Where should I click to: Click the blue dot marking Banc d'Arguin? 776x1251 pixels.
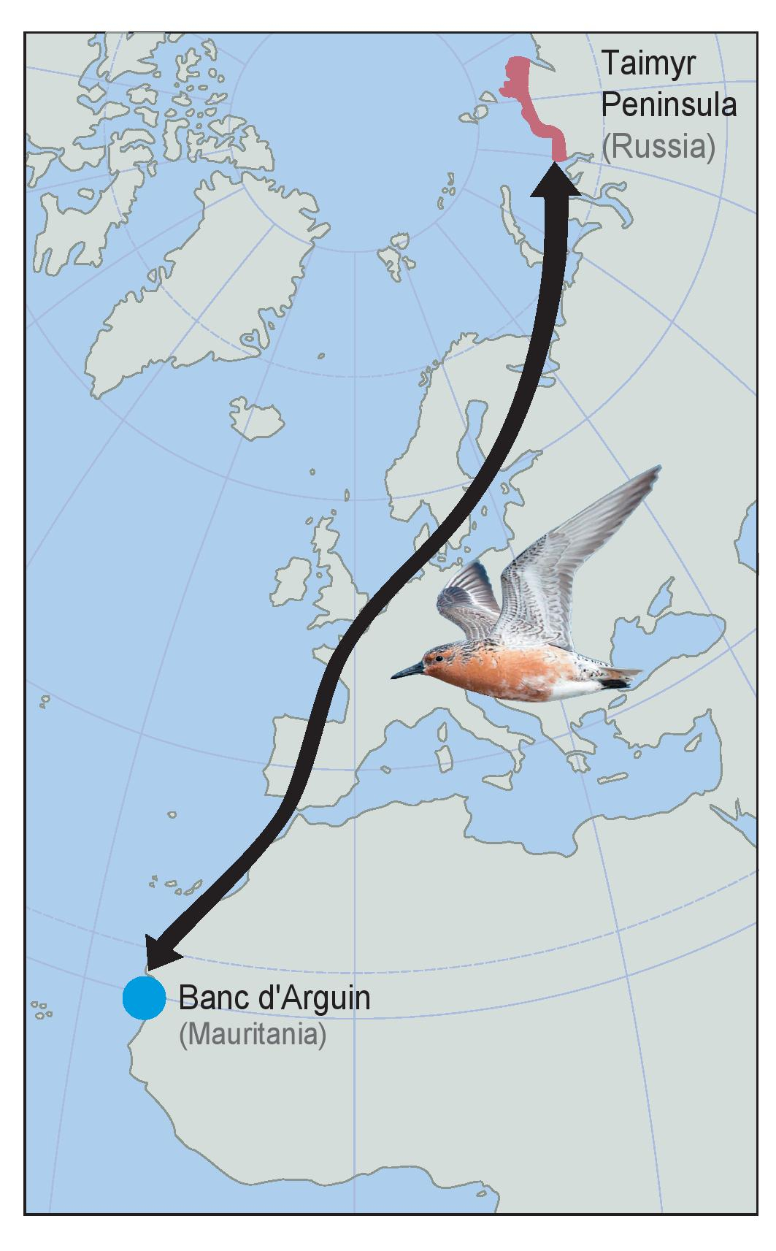tap(144, 998)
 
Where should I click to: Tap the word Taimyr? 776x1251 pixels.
tap(648, 64)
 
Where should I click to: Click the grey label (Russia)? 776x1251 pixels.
tap(658, 147)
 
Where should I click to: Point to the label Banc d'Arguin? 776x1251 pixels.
tap(274, 998)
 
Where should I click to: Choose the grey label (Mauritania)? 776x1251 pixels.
tap(252, 1036)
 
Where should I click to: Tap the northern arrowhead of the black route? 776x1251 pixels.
tap(554, 179)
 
